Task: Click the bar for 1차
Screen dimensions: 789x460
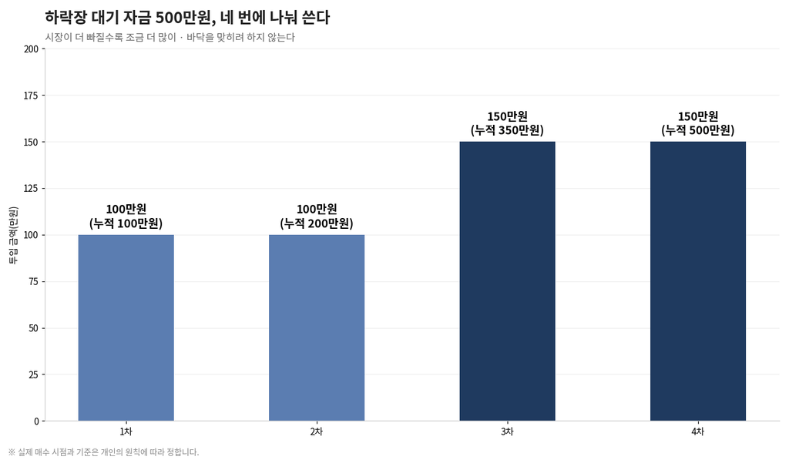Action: (x=126, y=327)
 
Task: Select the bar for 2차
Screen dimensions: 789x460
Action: (x=317, y=327)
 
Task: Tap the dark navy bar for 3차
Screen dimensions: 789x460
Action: (x=507, y=281)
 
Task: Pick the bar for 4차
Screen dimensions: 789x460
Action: (x=698, y=281)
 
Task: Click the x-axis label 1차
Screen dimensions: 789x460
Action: (x=126, y=431)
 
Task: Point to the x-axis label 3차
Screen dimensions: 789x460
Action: (x=507, y=431)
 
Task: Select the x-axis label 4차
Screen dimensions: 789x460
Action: (x=698, y=431)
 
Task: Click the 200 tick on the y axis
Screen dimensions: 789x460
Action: (x=31, y=49)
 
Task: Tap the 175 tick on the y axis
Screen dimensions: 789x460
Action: (x=31, y=96)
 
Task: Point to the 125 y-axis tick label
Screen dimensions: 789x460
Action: (x=31, y=189)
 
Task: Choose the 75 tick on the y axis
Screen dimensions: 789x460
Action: (x=34, y=281)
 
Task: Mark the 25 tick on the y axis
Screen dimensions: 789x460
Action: (x=34, y=374)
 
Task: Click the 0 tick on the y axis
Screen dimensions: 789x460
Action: (x=36, y=421)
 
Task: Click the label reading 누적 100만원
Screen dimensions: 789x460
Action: (x=126, y=223)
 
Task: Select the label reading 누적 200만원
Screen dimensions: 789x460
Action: (x=317, y=223)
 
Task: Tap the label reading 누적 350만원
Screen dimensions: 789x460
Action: (x=507, y=130)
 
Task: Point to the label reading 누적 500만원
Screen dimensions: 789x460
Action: (x=698, y=130)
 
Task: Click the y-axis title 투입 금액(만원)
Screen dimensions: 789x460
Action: (x=13, y=235)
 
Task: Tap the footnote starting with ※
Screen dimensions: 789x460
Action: (x=104, y=452)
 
